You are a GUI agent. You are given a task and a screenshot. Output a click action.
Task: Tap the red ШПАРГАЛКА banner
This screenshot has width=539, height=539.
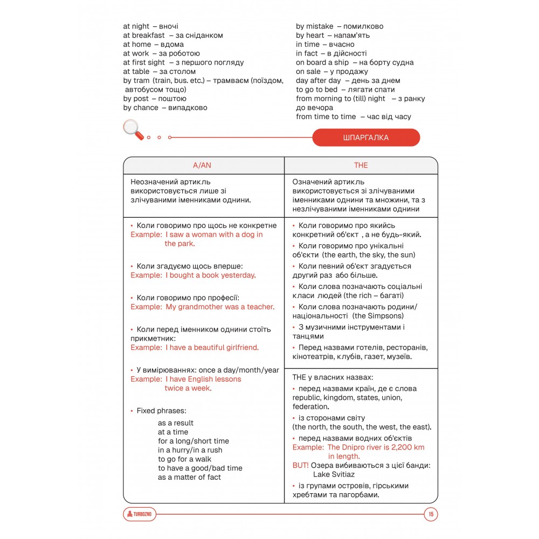tap(365, 137)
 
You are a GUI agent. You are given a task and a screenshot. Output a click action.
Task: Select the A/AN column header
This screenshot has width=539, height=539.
tap(202, 165)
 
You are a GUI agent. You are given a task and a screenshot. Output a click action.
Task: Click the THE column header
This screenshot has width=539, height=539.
tap(361, 165)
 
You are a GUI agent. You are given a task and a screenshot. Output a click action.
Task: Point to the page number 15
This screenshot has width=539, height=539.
tap(431, 514)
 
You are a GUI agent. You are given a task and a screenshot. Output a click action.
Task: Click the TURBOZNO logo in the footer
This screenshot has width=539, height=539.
tap(140, 514)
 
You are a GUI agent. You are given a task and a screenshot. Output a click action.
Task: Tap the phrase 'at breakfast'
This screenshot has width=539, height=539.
tap(144, 36)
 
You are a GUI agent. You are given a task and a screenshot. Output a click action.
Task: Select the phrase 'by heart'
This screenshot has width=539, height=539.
tap(310, 36)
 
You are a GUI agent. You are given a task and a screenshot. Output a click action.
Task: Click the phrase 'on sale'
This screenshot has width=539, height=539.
tap(308, 72)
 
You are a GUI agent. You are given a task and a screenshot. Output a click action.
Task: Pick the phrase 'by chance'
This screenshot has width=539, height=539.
tap(141, 108)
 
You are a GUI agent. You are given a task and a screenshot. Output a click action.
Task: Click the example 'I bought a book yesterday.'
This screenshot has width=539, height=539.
tap(210, 275)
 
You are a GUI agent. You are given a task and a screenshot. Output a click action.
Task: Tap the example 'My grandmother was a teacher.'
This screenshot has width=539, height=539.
tap(219, 307)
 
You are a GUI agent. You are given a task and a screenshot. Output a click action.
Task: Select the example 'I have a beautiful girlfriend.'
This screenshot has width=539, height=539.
tap(212, 348)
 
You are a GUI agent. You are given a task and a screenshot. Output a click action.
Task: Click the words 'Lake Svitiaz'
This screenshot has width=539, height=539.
tap(334, 474)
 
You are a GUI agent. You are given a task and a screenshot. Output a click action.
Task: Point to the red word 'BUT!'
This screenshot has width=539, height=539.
tap(301, 465)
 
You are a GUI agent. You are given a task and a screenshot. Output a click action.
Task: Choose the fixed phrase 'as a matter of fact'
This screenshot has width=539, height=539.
tap(189, 477)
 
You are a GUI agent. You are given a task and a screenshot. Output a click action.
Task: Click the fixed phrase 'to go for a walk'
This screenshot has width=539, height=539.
tap(184, 459)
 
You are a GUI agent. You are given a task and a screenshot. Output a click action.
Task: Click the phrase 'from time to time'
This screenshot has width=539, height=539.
tap(326, 117)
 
